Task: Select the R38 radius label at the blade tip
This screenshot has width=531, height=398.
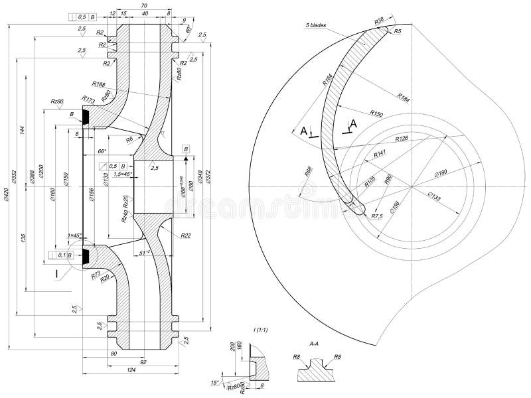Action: click(x=380, y=21)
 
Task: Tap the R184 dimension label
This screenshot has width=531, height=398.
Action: click(x=404, y=97)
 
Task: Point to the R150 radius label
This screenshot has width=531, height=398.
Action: click(x=377, y=112)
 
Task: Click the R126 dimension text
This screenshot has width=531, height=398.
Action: click(x=401, y=139)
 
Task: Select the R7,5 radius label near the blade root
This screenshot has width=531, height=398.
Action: click(x=378, y=216)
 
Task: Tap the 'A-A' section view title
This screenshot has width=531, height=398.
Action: click(x=316, y=345)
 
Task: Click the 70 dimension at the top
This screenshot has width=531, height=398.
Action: click(x=144, y=6)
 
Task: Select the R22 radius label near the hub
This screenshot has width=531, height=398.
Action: click(x=186, y=235)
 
